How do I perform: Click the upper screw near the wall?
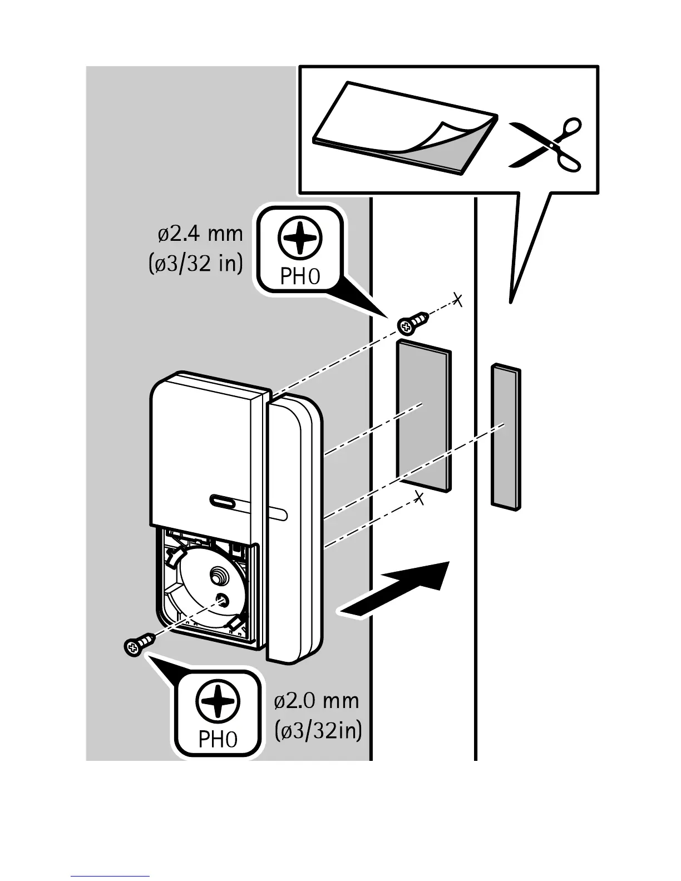pyautogui.click(x=413, y=323)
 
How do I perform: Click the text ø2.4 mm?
pyautogui.click(x=201, y=234)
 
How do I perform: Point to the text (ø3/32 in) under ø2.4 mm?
pyautogui.click(x=196, y=263)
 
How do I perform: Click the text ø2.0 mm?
pyautogui.click(x=317, y=701)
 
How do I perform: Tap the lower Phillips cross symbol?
pyautogui.click(x=218, y=702)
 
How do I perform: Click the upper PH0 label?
pyautogui.click(x=300, y=276)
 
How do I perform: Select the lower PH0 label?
pyautogui.click(x=218, y=739)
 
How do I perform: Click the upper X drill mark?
pyautogui.click(x=457, y=300)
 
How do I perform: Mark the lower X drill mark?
pyautogui.click(x=420, y=498)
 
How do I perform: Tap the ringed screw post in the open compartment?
pyautogui.click(x=218, y=576)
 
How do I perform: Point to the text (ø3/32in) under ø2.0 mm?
pyautogui.click(x=318, y=730)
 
